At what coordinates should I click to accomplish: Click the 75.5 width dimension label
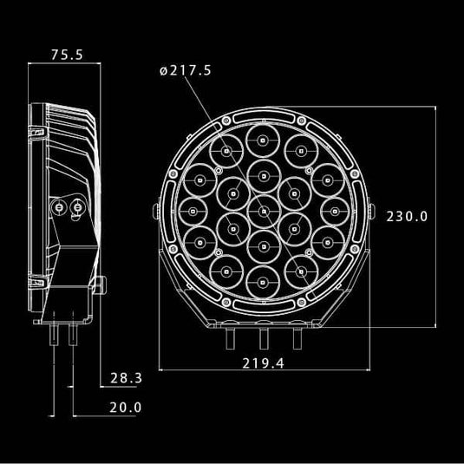click(67, 55)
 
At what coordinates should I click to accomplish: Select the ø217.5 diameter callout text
click(186, 71)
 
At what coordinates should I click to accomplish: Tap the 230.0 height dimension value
click(406, 216)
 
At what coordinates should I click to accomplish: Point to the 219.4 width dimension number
click(263, 363)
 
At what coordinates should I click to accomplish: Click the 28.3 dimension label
click(126, 378)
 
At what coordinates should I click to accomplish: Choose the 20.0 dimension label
click(126, 407)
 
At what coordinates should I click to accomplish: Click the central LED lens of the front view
click(264, 210)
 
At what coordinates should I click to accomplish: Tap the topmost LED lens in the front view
click(264, 141)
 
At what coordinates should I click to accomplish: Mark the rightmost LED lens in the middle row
click(334, 210)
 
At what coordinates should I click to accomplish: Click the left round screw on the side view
click(58, 207)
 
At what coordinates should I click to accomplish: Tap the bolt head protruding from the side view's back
click(101, 284)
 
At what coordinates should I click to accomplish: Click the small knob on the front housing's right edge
click(371, 211)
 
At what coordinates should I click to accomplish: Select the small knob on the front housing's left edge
click(155, 211)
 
